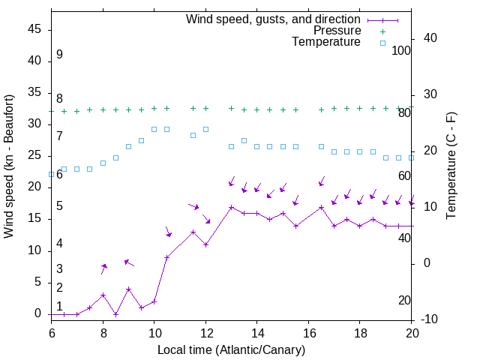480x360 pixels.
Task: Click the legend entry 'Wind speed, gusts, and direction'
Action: [x=273, y=19]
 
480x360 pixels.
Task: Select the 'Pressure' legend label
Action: [x=337, y=31]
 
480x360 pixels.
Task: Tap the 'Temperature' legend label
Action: [x=326, y=42]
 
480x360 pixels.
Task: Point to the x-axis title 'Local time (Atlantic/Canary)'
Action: [x=232, y=349]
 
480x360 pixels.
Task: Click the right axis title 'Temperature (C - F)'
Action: [x=451, y=166]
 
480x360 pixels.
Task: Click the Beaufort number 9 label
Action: [x=59, y=55]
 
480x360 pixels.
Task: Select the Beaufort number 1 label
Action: [x=59, y=306]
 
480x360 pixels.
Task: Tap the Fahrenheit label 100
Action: [x=401, y=50]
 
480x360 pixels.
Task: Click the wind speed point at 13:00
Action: [x=231, y=207]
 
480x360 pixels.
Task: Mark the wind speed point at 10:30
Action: [x=167, y=257]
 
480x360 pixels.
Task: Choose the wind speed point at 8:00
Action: [x=103, y=295]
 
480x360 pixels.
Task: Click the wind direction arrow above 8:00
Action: [x=104, y=268]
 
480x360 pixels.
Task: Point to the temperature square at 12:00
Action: [x=205, y=129]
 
